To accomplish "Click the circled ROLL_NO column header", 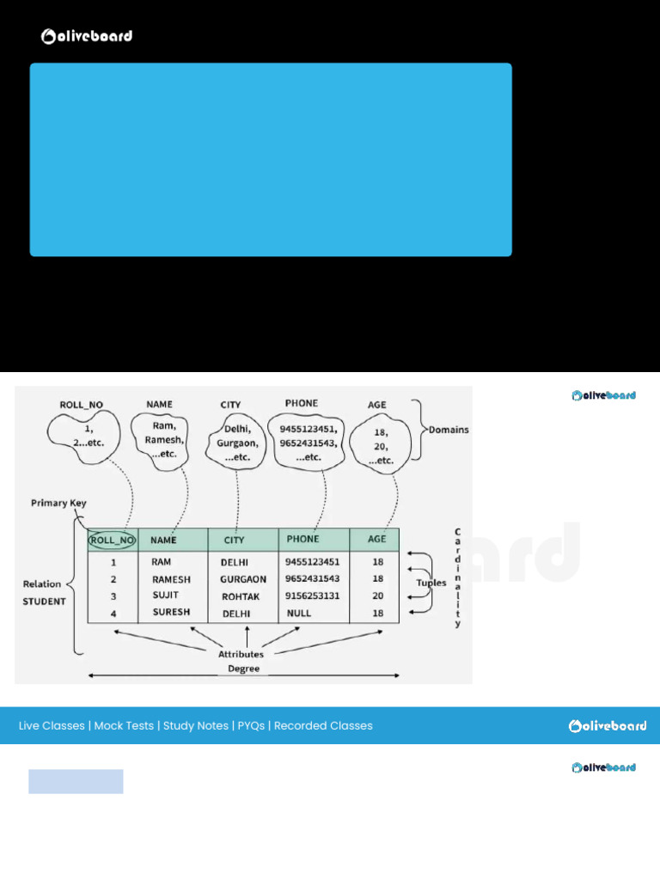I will pos(113,541).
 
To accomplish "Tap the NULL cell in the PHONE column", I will pos(299,614).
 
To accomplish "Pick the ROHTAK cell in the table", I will pos(241,596).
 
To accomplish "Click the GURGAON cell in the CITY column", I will pos(244,579).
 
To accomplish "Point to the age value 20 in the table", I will pos(377,596).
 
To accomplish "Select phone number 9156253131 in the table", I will pos(312,596).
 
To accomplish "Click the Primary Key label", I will pos(58,503).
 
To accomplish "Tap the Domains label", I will pos(449,430).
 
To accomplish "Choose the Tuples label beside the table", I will pos(431,583).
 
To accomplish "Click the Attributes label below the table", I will pos(241,654).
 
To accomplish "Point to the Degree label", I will pos(243,669).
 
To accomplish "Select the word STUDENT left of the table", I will pos(44,602).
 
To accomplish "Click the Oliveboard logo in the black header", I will pos(87,36).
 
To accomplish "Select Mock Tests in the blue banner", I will pos(124,726).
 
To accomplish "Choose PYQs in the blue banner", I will pos(251,726).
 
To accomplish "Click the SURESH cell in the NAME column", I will pos(171,613).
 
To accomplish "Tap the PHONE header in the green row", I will pos(302,540).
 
